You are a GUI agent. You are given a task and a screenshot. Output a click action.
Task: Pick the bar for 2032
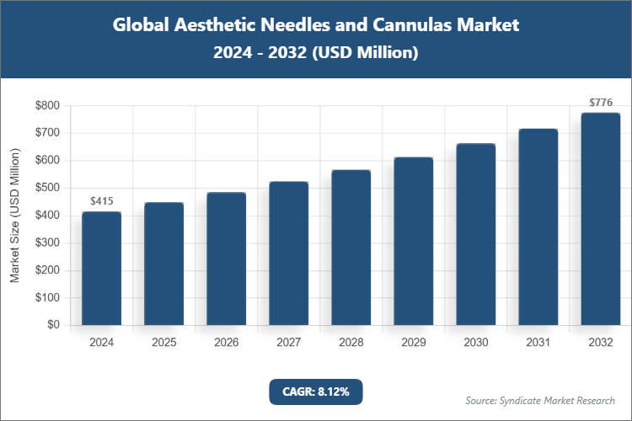(600, 219)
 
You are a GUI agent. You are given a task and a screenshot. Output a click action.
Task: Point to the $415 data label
(101, 201)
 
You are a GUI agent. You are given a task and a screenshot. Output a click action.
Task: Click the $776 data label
(600, 103)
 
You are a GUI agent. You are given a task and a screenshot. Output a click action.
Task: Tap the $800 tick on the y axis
(47, 106)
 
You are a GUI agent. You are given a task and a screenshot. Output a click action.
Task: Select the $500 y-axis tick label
(47, 188)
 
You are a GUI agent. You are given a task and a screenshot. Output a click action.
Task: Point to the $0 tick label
(53, 325)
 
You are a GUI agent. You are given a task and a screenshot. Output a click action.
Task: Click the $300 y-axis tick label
(47, 242)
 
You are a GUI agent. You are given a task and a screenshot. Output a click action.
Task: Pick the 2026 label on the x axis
(226, 343)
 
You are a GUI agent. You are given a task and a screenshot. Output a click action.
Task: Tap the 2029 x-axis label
(413, 343)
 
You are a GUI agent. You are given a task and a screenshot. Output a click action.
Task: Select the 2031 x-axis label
(538, 343)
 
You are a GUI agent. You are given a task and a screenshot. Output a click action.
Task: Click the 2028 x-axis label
(351, 343)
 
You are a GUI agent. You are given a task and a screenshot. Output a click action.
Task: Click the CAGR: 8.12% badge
(315, 392)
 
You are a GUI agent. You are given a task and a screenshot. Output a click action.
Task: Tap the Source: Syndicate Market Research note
(539, 400)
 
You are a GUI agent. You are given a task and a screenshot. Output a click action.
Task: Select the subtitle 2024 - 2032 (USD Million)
(315, 52)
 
